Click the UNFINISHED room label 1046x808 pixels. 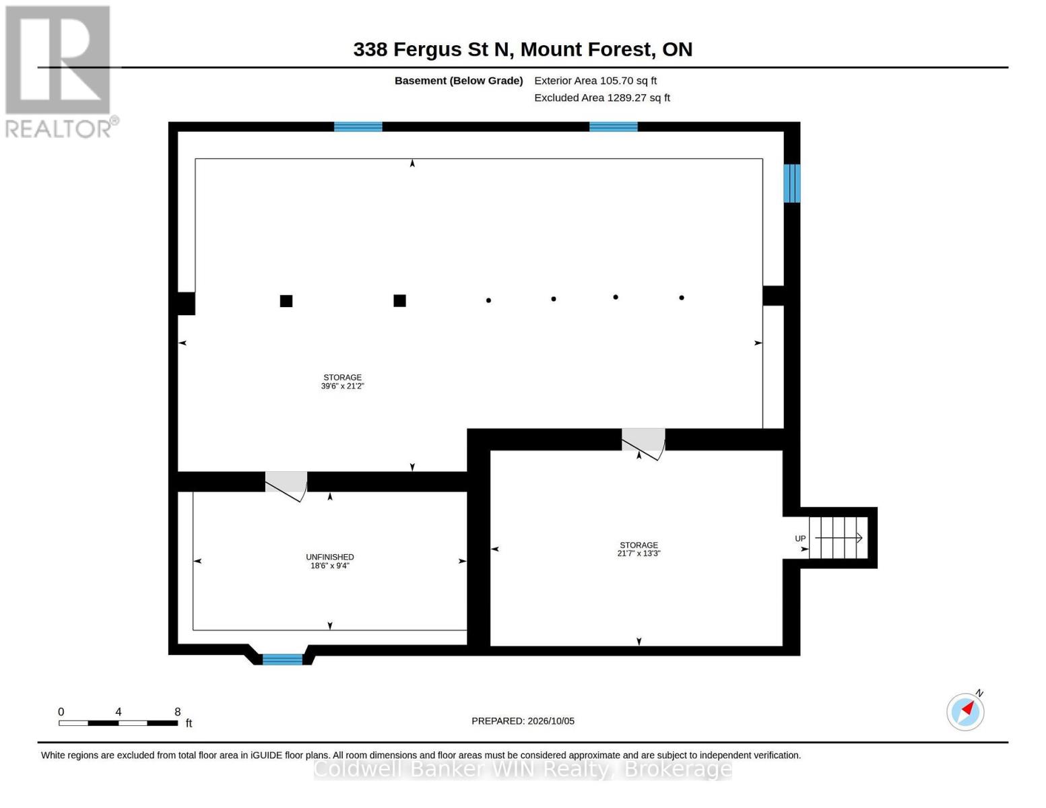click(330, 557)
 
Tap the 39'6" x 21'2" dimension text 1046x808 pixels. click(342, 386)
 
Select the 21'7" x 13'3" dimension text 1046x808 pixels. click(639, 553)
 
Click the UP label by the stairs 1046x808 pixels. click(800, 539)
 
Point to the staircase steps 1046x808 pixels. click(838, 537)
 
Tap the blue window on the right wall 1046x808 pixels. click(792, 183)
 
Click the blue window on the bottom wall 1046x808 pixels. click(283, 659)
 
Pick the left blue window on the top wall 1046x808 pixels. click(358, 127)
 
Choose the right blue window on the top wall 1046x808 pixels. click(614, 127)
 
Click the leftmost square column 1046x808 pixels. click(286, 301)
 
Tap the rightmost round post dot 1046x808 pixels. click(682, 298)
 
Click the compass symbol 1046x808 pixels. click(965, 712)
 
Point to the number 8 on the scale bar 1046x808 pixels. click(178, 712)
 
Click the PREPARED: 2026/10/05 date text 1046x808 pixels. click(523, 721)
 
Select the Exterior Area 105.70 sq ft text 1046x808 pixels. click(595, 81)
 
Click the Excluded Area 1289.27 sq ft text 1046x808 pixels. click(602, 98)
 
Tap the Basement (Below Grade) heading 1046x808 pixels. click(459, 81)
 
